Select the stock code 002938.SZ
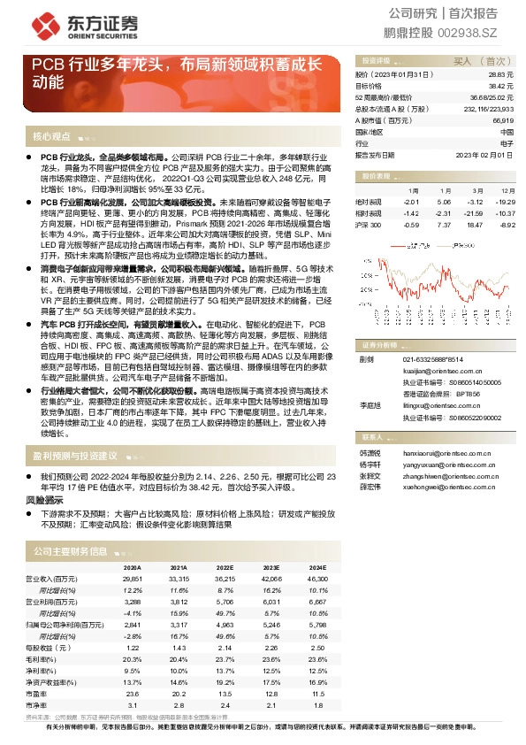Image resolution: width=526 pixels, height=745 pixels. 487,33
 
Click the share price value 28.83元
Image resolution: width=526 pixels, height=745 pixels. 501,76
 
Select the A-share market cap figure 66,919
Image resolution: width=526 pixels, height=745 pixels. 503,119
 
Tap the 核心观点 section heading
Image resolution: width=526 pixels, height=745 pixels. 51,137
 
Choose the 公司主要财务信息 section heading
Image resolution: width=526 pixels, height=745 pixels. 70,551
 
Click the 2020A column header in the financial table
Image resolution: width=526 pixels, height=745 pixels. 132,567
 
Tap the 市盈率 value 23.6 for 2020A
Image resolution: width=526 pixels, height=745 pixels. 132,694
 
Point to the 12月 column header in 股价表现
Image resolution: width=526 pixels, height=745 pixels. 507,190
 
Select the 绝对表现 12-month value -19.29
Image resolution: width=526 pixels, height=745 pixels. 505,202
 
